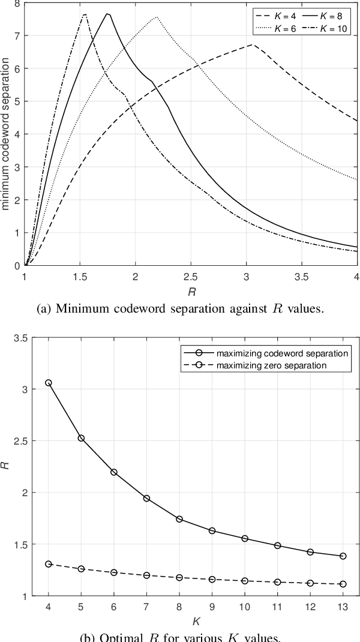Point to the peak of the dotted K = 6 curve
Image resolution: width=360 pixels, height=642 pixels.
point(157,17)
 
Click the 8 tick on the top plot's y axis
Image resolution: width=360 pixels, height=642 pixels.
point(16,4)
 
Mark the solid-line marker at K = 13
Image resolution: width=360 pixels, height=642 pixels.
point(343,556)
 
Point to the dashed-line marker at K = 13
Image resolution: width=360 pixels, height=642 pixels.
point(343,584)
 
